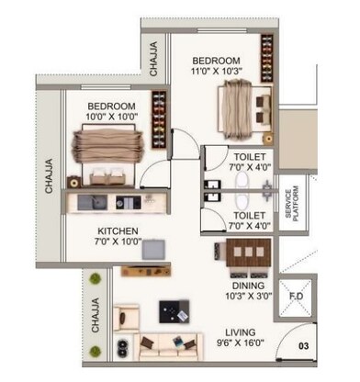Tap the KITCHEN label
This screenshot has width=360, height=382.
tap(118, 230)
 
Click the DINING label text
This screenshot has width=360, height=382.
tap(243, 286)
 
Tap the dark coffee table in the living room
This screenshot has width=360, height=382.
tap(171, 312)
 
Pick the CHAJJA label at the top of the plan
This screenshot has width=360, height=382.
tap(153, 58)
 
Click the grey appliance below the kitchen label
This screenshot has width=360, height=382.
tap(154, 250)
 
